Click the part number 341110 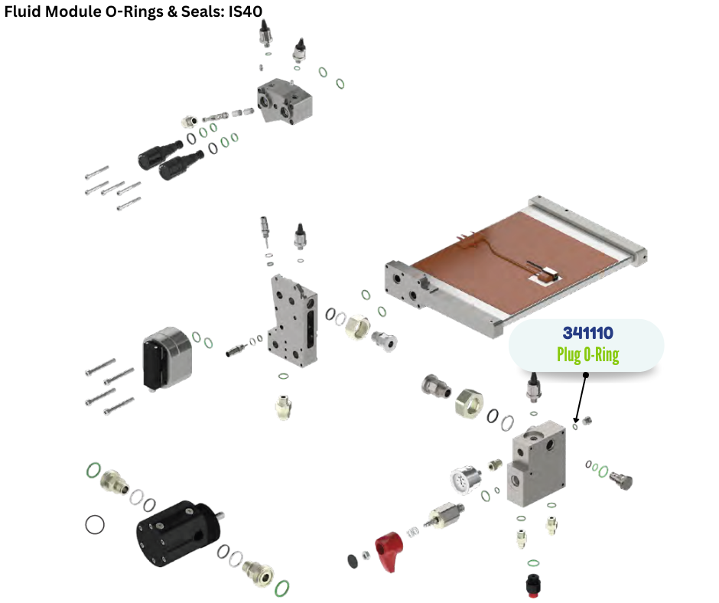588,333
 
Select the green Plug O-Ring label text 588,355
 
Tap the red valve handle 389,551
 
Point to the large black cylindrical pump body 179,533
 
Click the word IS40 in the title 246,11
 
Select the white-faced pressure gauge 465,479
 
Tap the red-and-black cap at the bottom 533,584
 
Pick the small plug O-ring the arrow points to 575,427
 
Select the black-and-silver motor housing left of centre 167,357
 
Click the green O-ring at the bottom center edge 282,588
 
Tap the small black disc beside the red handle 353,561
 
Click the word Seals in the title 202,11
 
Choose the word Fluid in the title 23,11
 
